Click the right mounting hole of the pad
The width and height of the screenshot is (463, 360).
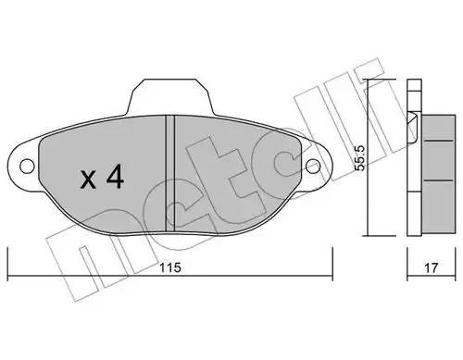click(x=317, y=167)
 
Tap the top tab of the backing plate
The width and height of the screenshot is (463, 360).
click(x=169, y=93)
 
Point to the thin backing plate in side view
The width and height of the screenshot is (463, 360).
click(x=413, y=157)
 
